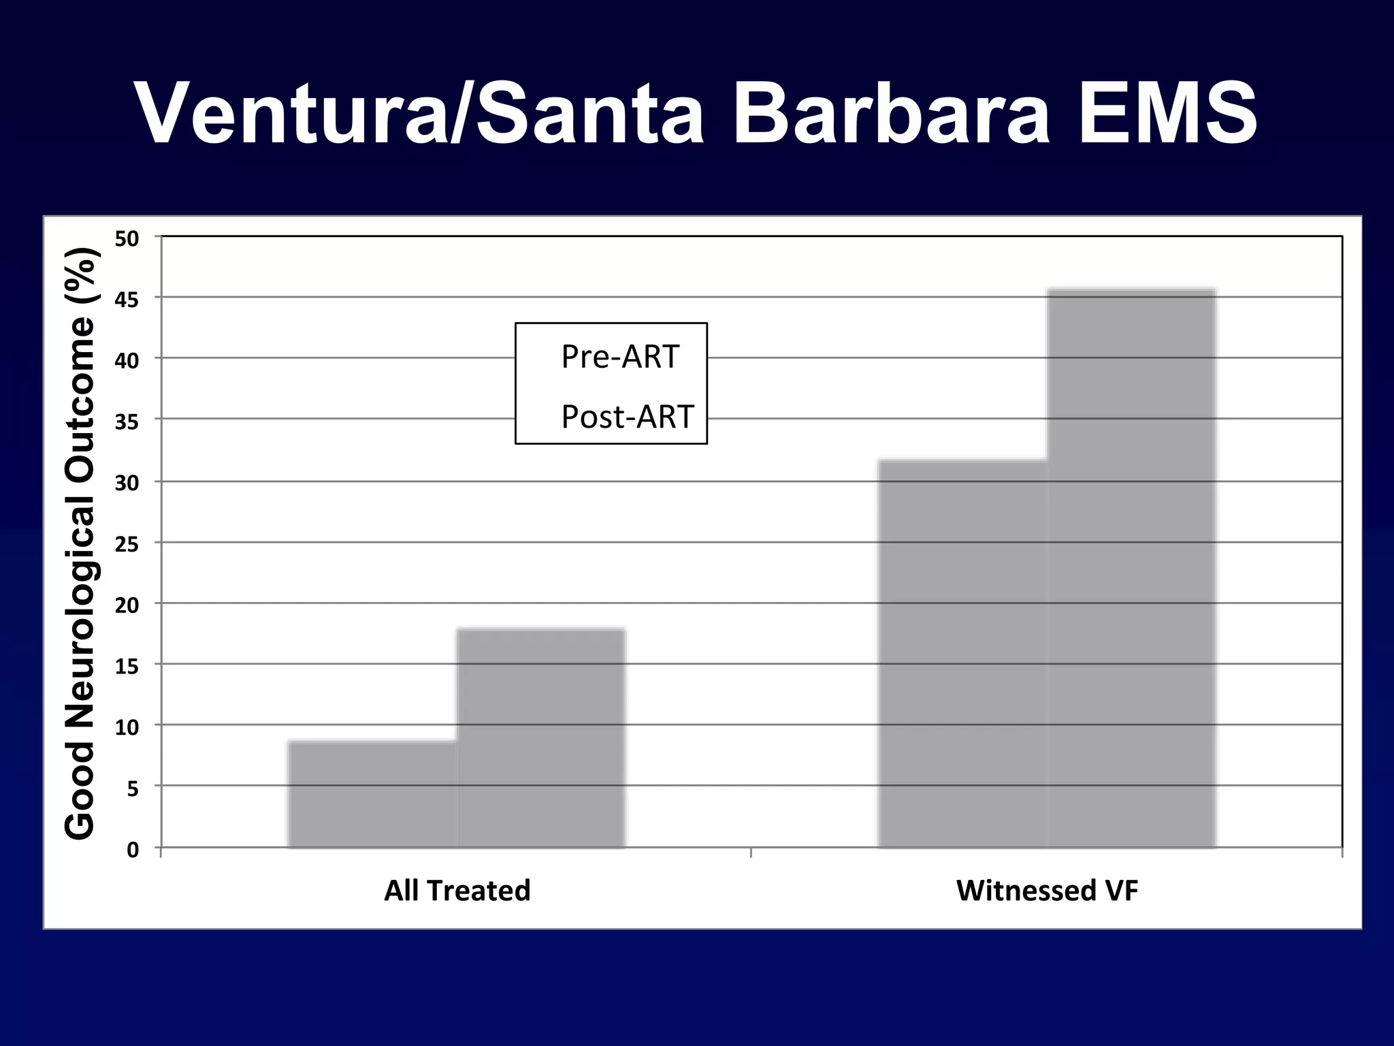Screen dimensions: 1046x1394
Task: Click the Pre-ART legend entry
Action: tap(619, 357)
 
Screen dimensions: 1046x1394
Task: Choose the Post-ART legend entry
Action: tap(627, 417)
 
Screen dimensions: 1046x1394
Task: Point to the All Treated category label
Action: tap(457, 891)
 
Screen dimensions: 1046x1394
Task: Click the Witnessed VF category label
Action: tap(1047, 891)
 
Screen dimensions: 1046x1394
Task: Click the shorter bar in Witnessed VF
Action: tap(962, 654)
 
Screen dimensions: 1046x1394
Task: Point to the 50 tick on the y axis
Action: tap(127, 239)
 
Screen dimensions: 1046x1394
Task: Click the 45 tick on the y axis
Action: tap(127, 300)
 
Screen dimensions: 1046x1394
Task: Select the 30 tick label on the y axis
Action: tap(127, 484)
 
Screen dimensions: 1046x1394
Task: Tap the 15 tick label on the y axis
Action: tap(127, 666)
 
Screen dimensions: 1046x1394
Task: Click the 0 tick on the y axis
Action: tap(133, 849)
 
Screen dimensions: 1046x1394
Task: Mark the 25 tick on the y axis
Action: tap(127, 544)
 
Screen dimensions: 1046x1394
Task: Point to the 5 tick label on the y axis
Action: tap(133, 789)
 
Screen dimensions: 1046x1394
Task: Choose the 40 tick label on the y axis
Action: tap(127, 361)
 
